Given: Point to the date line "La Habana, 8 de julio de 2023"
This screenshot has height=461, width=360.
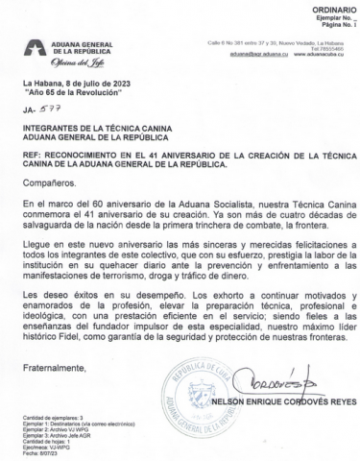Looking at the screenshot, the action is point(76,84).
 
